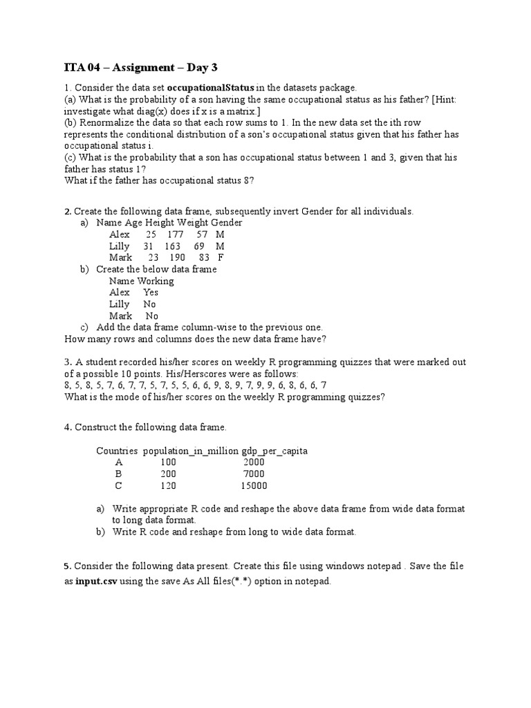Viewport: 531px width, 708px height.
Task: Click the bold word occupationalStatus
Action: (211, 88)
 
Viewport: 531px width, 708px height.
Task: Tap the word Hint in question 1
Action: (446, 100)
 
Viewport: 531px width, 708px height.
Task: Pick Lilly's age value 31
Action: (148, 246)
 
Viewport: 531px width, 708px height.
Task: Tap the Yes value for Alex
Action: (151, 292)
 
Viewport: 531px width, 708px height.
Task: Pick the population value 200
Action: (168, 474)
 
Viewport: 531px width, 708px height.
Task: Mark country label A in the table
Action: (119, 463)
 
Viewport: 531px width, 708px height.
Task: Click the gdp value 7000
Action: (254, 474)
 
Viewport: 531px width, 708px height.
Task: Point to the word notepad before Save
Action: (382, 566)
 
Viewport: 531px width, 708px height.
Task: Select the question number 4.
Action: (67, 428)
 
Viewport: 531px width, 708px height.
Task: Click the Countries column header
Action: (117, 451)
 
